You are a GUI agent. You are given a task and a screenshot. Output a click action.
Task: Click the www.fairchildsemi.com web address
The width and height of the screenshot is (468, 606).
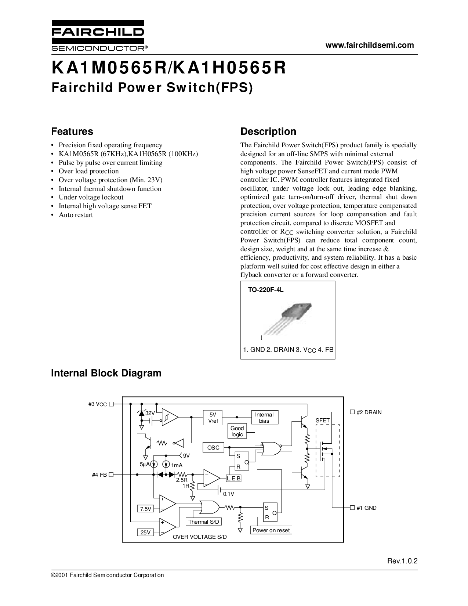370,45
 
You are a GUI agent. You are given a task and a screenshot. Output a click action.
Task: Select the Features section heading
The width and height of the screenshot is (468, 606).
72,131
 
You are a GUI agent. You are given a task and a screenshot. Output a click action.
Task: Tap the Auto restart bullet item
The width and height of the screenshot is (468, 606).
76,215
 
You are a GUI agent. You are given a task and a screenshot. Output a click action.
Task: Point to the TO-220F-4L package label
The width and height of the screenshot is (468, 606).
266,290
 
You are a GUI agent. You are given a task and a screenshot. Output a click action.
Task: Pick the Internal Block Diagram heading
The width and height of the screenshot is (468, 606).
106,373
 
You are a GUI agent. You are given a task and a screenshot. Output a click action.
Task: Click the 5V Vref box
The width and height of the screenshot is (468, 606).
213,418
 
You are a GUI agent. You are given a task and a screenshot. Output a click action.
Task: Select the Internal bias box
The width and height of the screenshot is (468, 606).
265,418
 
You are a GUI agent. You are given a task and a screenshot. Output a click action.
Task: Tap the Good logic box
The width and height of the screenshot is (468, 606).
237,431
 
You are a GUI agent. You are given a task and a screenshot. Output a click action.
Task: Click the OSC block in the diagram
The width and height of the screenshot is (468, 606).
213,448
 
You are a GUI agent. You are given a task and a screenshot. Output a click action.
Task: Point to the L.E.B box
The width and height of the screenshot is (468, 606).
233,479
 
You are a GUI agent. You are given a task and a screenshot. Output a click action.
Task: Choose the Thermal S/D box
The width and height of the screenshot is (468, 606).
203,522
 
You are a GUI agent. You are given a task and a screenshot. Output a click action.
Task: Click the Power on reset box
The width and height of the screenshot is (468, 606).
271,530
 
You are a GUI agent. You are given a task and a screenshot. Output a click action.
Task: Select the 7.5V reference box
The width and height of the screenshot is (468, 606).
145,509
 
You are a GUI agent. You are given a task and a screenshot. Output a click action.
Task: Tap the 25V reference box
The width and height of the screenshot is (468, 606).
145,533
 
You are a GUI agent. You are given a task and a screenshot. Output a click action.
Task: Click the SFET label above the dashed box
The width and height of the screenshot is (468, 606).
323,420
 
